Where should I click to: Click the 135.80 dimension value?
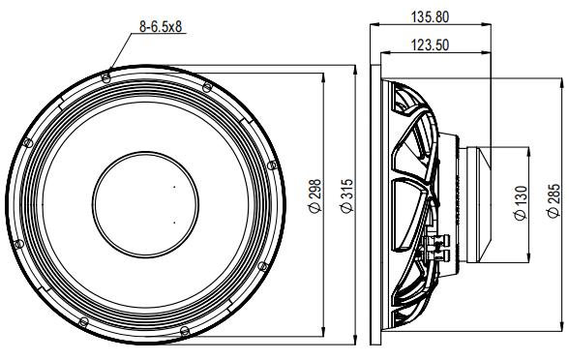point(430,17)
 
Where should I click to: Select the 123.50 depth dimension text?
point(430,45)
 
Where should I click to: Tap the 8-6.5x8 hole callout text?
point(161,26)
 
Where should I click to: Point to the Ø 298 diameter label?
point(315,195)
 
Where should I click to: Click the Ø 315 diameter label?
point(346,195)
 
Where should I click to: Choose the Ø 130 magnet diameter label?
point(521,203)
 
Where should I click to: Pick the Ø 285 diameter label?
point(554,200)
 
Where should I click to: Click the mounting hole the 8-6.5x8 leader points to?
point(106,77)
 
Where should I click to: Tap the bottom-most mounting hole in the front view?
point(185,331)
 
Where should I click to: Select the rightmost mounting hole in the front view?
point(272,165)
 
